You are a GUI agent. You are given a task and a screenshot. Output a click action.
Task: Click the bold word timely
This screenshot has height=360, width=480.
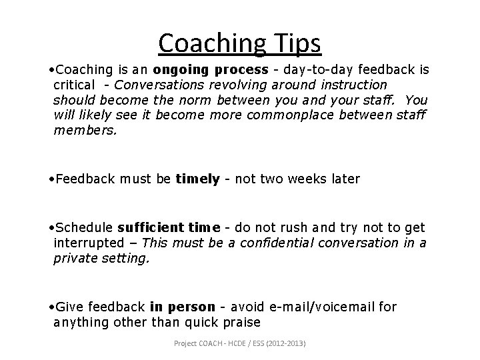(197, 179)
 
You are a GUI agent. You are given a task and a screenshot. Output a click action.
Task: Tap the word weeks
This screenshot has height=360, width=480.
(305, 179)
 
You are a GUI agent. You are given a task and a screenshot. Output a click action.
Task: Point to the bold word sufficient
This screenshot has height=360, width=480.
(144, 229)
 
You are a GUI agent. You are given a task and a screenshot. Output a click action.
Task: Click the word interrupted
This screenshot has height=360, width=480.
(89, 243)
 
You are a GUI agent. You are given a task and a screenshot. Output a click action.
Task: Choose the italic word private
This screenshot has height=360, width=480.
(75, 258)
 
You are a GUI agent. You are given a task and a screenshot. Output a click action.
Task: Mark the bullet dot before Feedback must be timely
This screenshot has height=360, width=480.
(52, 179)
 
